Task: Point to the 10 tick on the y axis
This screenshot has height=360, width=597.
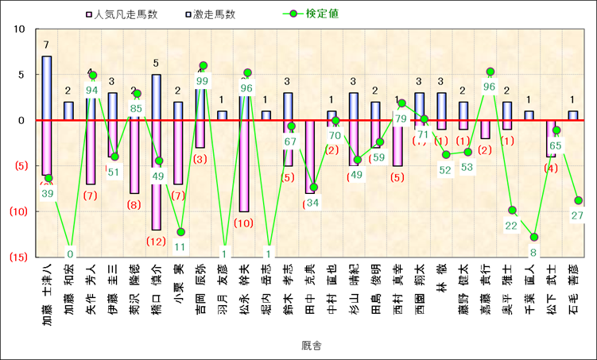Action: click(x=20, y=29)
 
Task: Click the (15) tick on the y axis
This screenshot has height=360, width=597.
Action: click(x=18, y=257)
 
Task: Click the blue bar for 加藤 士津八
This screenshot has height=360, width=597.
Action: click(x=47, y=87)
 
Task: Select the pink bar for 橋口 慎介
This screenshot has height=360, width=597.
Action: click(x=157, y=175)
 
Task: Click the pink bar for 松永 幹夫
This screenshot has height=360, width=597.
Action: click(x=245, y=166)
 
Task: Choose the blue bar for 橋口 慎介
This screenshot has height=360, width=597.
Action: click(x=157, y=97)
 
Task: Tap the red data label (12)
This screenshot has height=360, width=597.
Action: click(x=157, y=242)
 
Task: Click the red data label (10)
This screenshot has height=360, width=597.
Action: click(x=245, y=223)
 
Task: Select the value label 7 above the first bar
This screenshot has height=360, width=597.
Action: click(x=47, y=45)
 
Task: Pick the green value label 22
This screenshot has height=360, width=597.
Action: click(x=512, y=226)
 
